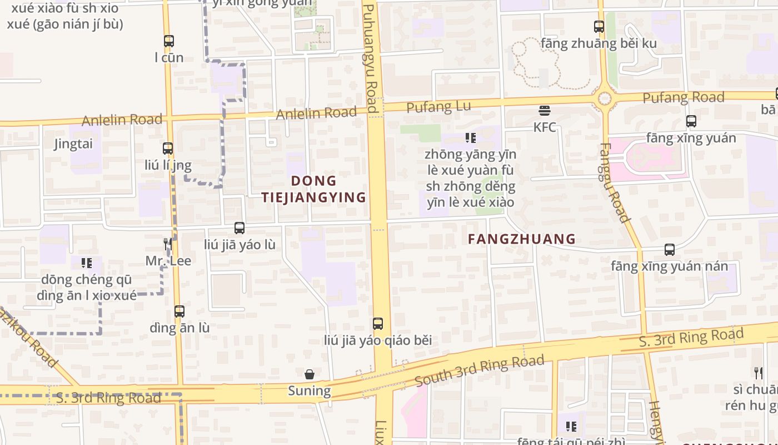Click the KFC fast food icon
pyautogui.click(x=544, y=110)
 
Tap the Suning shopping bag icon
pyautogui.click(x=310, y=374)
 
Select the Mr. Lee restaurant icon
pyautogui.click(x=167, y=244)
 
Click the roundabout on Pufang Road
pyautogui.click(x=604, y=99)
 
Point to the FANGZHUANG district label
pyautogui.click(x=521, y=239)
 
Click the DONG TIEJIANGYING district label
pyautogui.click(x=314, y=189)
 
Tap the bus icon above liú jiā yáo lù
pyautogui.click(x=240, y=228)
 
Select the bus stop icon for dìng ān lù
pyautogui.click(x=179, y=311)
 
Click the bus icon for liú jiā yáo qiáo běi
pyautogui.click(x=378, y=323)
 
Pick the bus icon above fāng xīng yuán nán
pyautogui.click(x=670, y=250)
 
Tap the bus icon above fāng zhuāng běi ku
pyautogui.click(x=599, y=26)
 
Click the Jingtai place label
pyautogui.click(x=73, y=144)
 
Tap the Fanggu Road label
pyautogui.click(x=615, y=184)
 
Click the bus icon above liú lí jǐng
pyautogui.click(x=168, y=148)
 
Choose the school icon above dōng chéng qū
pyautogui.click(x=86, y=262)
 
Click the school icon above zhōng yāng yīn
pyautogui.click(x=471, y=137)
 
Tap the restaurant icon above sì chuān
pyautogui.click(x=758, y=372)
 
